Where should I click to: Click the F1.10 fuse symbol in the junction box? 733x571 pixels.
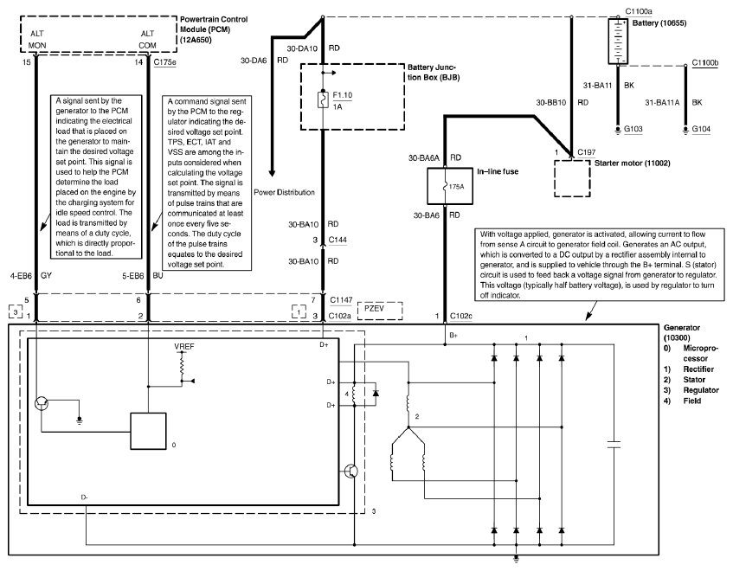[323, 100]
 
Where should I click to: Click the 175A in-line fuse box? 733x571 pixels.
[450, 186]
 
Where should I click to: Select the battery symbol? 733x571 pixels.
[618, 42]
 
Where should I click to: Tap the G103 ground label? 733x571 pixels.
[633, 129]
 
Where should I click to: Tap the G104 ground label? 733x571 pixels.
[701, 129]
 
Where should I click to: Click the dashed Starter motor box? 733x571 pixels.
[572, 178]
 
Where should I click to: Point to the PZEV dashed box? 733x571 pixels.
[380, 311]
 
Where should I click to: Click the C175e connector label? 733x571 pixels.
[165, 61]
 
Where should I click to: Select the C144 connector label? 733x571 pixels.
[338, 240]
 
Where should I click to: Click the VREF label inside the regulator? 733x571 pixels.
[184, 347]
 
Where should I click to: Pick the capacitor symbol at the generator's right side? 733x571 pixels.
[614, 444]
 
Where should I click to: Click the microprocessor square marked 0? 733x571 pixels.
[148, 431]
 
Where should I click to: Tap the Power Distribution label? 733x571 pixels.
[284, 192]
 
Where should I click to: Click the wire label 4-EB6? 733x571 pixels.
[21, 276]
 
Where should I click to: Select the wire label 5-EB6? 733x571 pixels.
[133, 276]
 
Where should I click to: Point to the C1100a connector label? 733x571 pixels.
[639, 11]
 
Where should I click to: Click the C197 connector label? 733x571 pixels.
[587, 152]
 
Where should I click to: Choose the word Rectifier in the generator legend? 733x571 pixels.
[698, 369]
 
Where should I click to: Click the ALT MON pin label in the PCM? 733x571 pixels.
[37, 39]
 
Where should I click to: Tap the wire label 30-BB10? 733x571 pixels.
[550, 102]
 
